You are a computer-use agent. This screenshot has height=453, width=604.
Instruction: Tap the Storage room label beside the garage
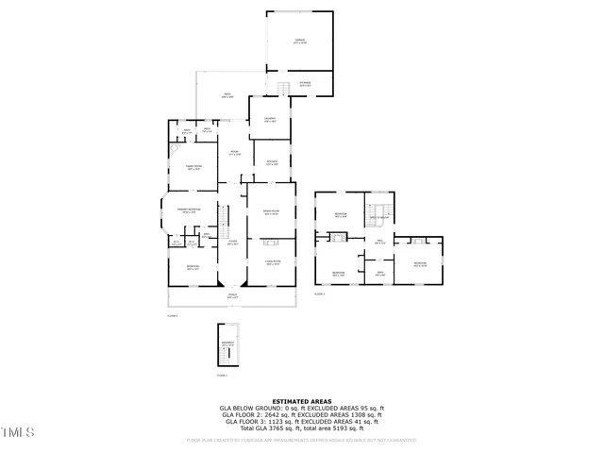tap(305, 85)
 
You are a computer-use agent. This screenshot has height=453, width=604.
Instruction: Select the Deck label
tap(226, 94)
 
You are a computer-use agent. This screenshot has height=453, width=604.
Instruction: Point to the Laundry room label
tap(270, 121)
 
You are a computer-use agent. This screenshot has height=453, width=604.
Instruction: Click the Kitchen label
tap(271, 161)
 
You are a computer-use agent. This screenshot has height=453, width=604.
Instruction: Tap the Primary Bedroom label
tap(189, 210)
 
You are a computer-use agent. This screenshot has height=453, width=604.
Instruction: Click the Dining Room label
tap(271, 213)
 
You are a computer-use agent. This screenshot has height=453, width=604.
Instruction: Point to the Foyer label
tap(232, 243)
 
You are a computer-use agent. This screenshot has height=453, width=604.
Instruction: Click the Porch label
tap(231, 297)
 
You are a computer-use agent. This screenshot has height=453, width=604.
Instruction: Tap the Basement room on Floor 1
tap(226, 344)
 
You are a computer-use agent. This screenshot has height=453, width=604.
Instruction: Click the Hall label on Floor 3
tap(379, 243)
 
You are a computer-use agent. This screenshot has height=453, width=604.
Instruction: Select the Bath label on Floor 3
tap(379, 274)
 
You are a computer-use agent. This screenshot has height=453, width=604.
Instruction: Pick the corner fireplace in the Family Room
tap(175, 149)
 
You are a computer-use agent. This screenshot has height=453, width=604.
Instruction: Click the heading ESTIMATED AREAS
tap(302, 400)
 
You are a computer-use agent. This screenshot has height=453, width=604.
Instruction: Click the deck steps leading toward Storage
tap(281, 89)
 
